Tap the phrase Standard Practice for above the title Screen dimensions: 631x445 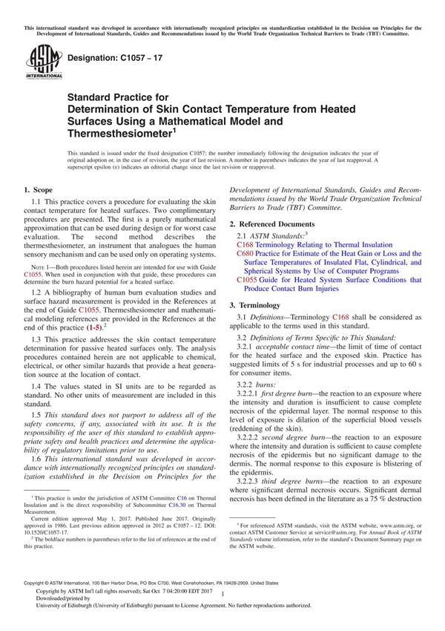coord(118,97)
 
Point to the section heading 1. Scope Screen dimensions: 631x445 coord(39,191)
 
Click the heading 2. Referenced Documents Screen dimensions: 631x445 coord(277,224)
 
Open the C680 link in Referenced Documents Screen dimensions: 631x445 coord(245,253)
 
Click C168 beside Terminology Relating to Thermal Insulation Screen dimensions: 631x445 coord(245,244)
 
